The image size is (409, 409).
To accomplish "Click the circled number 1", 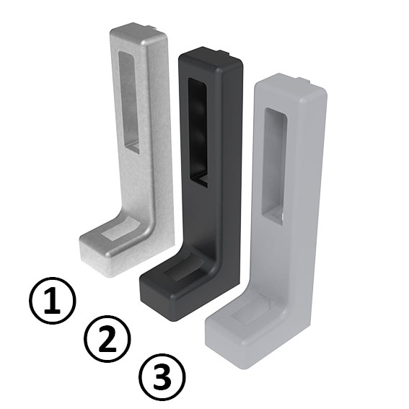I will pos(52,302).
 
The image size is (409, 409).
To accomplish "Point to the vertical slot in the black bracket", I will pos(198,130).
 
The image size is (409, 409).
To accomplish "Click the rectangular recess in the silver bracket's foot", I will pos(115,231).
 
